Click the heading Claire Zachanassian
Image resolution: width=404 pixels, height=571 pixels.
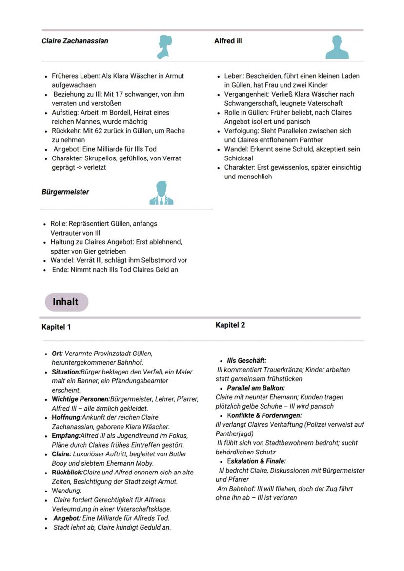pyautogui.click(x=75, y=41)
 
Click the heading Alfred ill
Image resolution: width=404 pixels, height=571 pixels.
pyautogui.click(x=228, y=41)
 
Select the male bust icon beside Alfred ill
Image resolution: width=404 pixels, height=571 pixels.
pyautogui.click(x=337, y=47)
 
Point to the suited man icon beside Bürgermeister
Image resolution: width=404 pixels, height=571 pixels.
pyautogui.click(x=161, y=193)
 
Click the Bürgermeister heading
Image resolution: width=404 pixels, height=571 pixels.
pyautogui.click(x=65, y=192)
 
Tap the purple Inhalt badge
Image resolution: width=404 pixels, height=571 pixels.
pyautogui.click(x=66, y=302)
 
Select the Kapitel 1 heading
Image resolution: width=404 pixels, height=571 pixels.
pyautogui.click(x=56, y=327)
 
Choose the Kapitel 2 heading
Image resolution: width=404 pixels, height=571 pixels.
pyautogui.click(x=230, y=325)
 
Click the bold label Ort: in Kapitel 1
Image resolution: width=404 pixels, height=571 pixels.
pyautogui.click(x=57, y=353)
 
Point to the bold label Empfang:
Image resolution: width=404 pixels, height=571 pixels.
pyautogui.click(x=66, y=435)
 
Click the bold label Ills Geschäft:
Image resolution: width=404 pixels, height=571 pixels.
pyautogui.click(x=246, y=360)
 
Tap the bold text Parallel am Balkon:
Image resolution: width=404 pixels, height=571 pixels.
pyautogui.click(x=256, y=388)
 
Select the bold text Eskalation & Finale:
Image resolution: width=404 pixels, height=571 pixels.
pyautogui.click(x=256, y=461)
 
